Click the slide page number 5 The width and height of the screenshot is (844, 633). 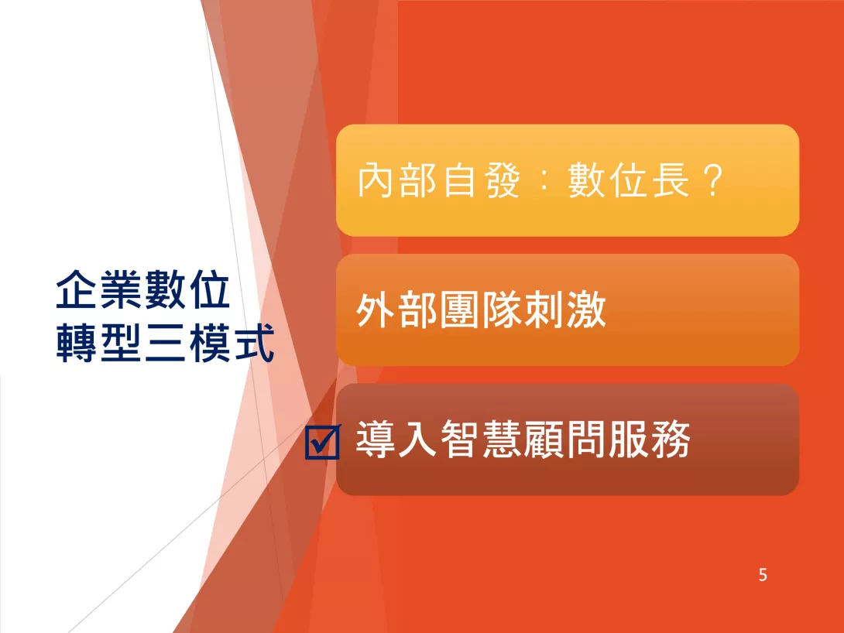click(763, 575)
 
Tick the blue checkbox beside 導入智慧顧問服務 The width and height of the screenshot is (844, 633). click(322, 442)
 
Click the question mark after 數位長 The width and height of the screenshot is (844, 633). click(713, 180)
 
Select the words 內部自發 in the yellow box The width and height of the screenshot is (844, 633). click(439, 180)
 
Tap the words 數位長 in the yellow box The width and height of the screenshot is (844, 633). click(629, 180)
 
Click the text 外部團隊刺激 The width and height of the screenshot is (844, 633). click(481, 310)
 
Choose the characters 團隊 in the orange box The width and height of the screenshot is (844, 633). click(481, 310)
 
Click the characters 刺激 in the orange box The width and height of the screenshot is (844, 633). click(564, 310)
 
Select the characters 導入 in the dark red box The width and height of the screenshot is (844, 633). click(396, 440)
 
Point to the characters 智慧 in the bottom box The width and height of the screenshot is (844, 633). click(481, 440)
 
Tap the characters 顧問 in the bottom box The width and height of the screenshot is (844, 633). click(564, 440)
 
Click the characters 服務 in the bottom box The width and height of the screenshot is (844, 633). click(649, 440)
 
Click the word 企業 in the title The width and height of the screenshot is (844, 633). click(100, 290)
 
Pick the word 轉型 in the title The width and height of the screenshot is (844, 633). click(100, 343)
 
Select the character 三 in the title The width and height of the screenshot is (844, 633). click(165, 343)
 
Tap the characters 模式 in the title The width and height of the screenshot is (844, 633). click(232, 343)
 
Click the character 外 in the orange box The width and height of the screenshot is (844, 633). click(376, 310)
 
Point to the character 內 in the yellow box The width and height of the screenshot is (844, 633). click(376, 180)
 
